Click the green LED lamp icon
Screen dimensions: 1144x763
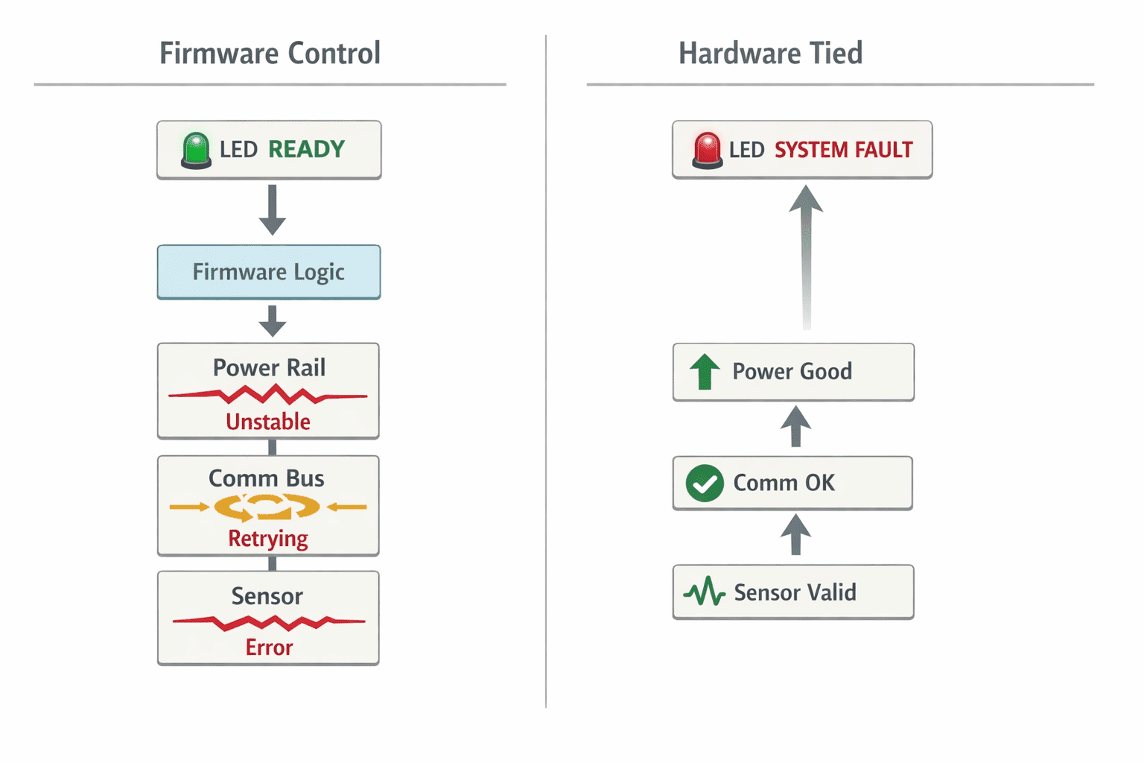pyautogui.click(x=196, y=151)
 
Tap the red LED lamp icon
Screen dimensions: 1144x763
pyautogui.click(x=708, y=151)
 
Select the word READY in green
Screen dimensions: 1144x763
pyautogui.click(x=306, y=149)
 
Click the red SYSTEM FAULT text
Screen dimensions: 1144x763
pyautogui.click(x=844, y=150)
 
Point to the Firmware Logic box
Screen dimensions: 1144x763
pyautogui.click(x=269, y=272)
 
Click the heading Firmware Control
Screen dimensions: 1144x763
pyautogui.click(x=270, y=53)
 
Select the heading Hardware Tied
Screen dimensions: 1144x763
pyautogui.click(x=771, y=53)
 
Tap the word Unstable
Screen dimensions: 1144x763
pyautogui.click(x=268, y=422)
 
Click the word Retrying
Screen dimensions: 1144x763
pyautogui.click(x=268, y=539)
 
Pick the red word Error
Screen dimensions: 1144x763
pyautogui.click(x=269, y=647)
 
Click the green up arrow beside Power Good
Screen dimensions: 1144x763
pyautogui.click(x=705, y=372)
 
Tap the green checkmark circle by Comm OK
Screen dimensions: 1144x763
pyautogui.click(x=705, y=483)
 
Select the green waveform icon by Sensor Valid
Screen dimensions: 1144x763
pyautogui.click(x=705, y=592)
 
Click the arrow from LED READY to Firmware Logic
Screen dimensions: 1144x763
pyautogui.click(x=272, y=209)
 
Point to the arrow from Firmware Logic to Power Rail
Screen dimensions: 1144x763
pyautogui.click(x=272, y=321)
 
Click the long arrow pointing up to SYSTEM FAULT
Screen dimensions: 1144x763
pyautogui.click(x=806, y=257)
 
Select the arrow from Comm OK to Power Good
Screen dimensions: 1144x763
pyautogui.click(x=795, y=426)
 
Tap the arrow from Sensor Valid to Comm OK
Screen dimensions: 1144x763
pyautogui.click(x=795, y=534)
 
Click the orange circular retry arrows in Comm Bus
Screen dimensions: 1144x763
pyautogui.click(x=267, y=507)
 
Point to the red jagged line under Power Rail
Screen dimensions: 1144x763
pyautogui.click(x=267, y=394)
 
